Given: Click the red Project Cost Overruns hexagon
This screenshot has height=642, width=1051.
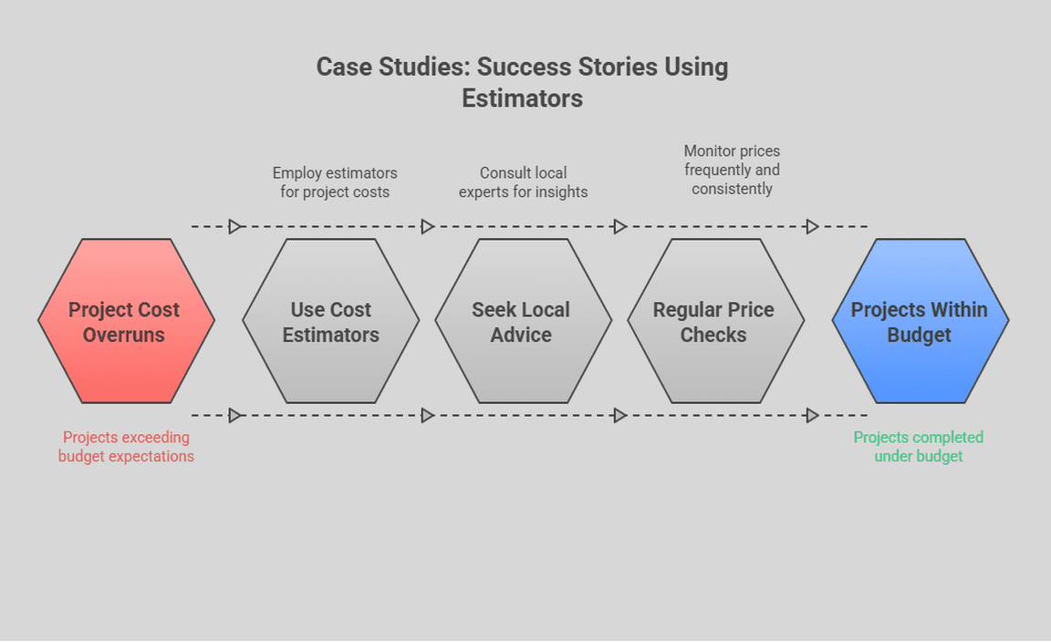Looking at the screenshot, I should (x=126, y=321).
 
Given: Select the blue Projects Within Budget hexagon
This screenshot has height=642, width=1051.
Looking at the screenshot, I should (x=920, y=321).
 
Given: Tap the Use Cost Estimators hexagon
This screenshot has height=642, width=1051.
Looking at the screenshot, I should (x=330, y=321).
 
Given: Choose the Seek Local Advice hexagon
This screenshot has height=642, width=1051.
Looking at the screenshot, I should (x=522, y=321).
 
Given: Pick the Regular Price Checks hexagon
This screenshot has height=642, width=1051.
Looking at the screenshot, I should (x=714, y=321).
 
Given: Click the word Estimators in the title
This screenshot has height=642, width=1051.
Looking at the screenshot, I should (x=522, y=98).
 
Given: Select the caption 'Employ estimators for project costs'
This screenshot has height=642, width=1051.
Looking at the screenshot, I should (x=335, y=182).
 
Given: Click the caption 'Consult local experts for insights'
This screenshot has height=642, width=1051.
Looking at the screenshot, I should (x=524, y=182).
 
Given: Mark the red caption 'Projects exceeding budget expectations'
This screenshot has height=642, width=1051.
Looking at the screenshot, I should (x=126, y=447).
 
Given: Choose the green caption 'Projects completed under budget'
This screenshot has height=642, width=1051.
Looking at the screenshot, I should (x=919, y=447).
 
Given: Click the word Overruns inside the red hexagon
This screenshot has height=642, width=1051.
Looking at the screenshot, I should (x=124, y=335).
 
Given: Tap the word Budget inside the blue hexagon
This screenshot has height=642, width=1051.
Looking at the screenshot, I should (x=919, y=335).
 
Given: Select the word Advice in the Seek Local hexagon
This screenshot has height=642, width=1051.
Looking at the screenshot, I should (x=521, y=335).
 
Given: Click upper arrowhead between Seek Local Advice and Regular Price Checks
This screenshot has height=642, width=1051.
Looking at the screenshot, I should (x=620, y=226).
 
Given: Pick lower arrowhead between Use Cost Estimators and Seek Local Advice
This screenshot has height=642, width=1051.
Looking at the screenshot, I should (x=428, y=416).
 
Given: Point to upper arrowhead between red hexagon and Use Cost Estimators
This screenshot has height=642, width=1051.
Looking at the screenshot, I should (x=235, y=226).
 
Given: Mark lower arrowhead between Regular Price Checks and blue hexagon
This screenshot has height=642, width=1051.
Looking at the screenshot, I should (x=812, y=416).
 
